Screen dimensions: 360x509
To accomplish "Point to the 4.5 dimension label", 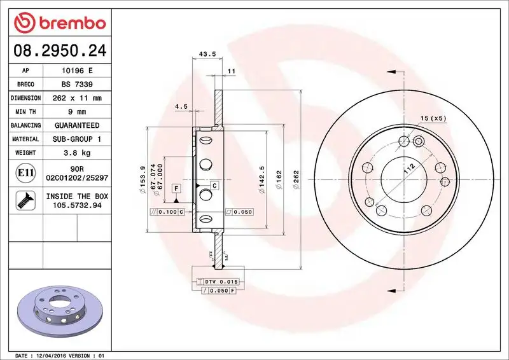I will click(180, 107).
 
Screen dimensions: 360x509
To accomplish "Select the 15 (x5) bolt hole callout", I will click(434, 118).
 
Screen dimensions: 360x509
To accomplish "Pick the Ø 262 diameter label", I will click(296, 179).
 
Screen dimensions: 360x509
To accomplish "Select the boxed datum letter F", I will click(175, 189).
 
